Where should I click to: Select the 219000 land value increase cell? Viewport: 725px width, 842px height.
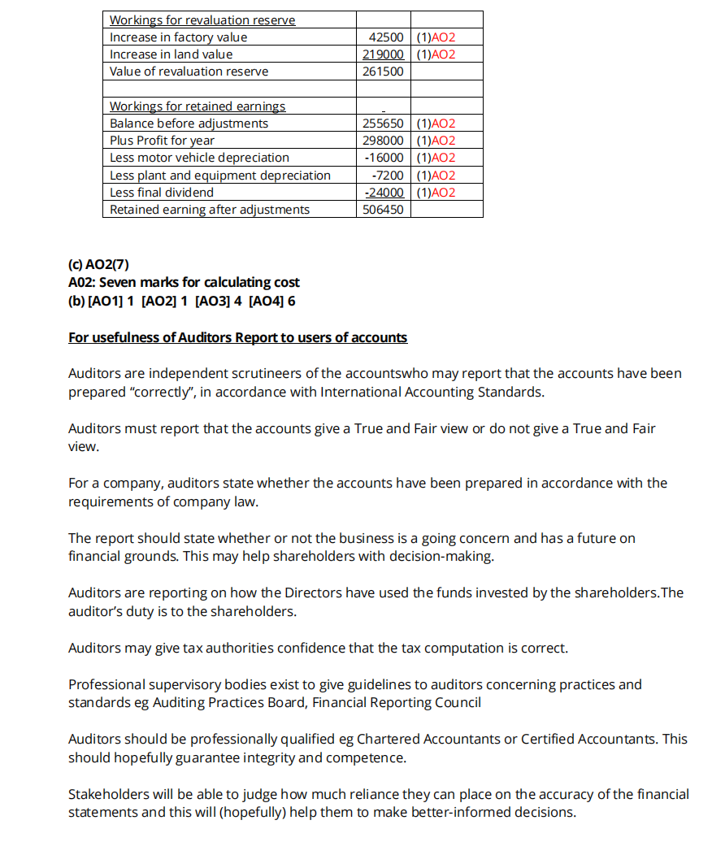[x=383, y=54]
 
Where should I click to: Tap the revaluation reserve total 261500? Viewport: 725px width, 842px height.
[x=383, y=72]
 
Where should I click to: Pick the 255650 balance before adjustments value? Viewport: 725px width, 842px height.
[x=383, y=124]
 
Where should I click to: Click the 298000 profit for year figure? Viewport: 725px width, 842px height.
[x=383, y=141]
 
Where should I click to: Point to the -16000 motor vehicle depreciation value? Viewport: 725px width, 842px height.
[x=383, y=158]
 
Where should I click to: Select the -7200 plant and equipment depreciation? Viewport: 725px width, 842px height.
[x=387, y=176]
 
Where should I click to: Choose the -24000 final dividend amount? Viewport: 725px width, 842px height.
[x=383, y=193]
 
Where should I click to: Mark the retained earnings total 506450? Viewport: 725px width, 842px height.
[x=383, y=210]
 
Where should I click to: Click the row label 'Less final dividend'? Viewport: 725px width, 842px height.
[x=162, y=193]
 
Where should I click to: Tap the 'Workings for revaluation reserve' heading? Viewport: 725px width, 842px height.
[x=202, y=20]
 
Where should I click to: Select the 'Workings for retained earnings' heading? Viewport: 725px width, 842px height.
[x=198, y=106]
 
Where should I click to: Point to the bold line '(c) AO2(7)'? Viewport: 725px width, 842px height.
[x=98, y=264]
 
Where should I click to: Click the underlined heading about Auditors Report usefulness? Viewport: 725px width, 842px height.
[x=237, y=337]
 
